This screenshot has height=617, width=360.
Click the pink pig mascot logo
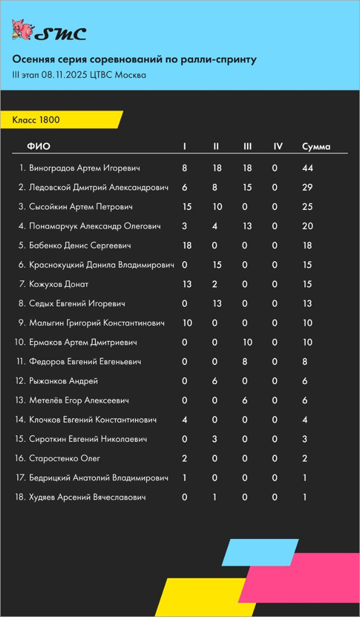click(x=22, y=31)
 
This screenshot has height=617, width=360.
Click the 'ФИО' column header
click(x=39, y=147)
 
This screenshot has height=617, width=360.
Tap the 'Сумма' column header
click(x=316, y=147)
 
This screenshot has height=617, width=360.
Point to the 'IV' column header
click(x=278, y=147)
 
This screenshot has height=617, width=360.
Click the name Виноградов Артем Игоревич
click(x=84, y=168)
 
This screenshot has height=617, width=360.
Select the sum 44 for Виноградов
click(x=308, y=168)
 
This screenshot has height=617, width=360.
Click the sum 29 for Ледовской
click(x=308, y=188)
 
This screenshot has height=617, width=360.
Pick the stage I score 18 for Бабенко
click(x=187, y=246)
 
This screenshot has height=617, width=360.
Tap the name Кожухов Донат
click(x=59, y=285)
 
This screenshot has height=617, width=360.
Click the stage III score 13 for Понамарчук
click(x=248, y=226)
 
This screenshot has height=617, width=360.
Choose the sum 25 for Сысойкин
click(x=308, y=207)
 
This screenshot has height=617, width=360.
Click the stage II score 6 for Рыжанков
click(x=216, y=381)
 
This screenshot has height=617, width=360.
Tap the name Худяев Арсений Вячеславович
click(x=87, y=497)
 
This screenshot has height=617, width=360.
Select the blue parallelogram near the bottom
click(x=260, y=552)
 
